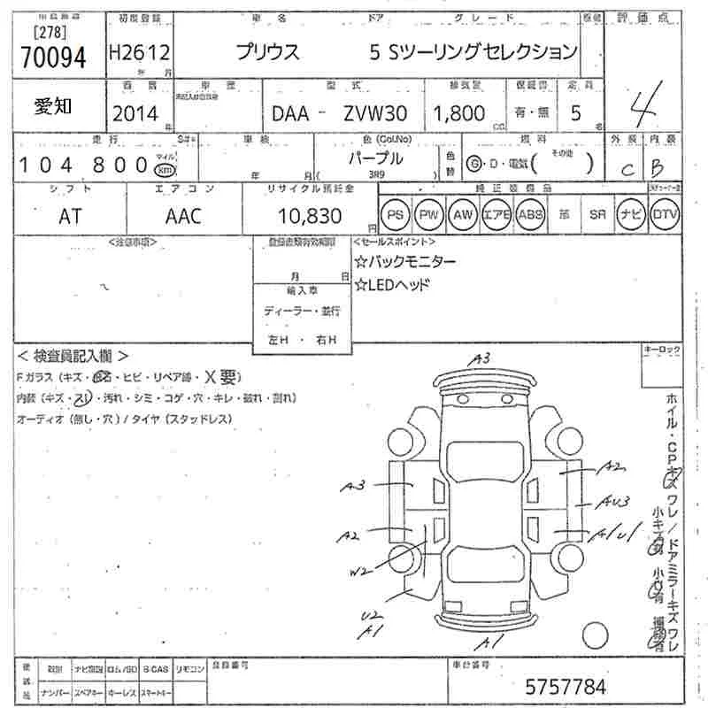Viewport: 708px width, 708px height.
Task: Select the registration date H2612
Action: coord(140,52)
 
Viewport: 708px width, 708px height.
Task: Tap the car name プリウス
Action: coord(267,53)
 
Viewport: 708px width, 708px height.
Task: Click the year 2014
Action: coord(135,114)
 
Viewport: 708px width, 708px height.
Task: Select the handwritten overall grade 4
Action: coord(643,107)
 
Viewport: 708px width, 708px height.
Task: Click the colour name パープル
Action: coord(375,158)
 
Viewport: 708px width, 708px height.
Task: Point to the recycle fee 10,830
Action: coord(298,216)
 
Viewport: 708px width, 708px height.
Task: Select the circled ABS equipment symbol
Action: coord(530,215)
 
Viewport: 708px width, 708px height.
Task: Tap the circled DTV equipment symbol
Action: coord(664,215)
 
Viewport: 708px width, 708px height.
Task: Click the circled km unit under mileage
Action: coord(164,170)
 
